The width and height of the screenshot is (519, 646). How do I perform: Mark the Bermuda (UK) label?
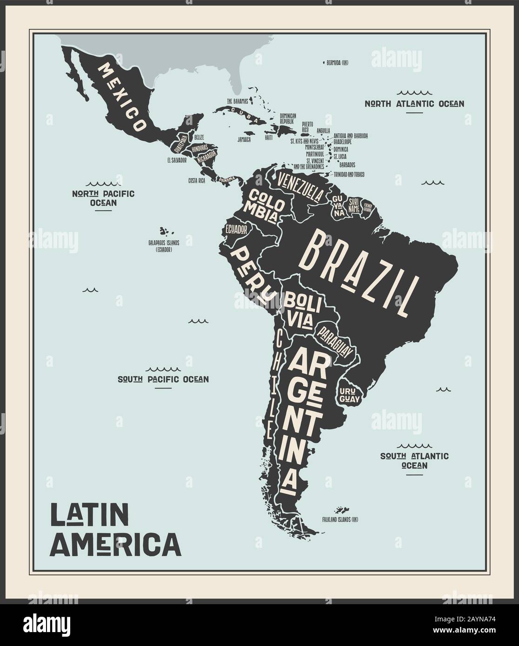[x=337, y=62]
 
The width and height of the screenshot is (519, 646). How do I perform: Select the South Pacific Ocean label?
[x=163, y=379]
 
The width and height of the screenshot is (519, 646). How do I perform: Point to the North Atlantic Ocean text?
[x=414, y=103]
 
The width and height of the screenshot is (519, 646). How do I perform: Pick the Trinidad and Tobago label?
[x=349, y=174]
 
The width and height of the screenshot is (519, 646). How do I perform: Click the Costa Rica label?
[x=196, y=180]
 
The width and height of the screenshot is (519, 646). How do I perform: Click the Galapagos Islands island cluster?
[x=163, y=231]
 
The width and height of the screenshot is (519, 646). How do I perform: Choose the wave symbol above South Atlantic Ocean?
[x=414, y=445]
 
